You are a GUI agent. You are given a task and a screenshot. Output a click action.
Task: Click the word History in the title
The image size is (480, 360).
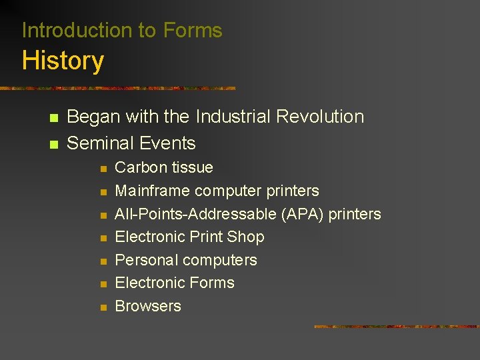[x=63, y=61]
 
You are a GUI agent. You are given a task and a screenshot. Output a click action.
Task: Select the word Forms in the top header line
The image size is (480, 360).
[x=193, y=31]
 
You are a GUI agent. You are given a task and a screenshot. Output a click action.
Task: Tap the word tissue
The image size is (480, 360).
[x=192, y=167]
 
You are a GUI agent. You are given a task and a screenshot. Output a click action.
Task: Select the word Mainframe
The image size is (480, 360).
[x=153, y=191]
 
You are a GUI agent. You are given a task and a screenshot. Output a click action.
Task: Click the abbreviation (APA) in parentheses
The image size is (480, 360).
[x=305, y=214]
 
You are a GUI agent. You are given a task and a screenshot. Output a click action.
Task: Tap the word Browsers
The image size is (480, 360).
[x=148, y=306]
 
